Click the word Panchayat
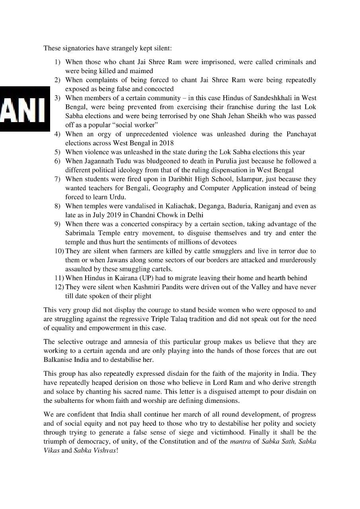(301, 134)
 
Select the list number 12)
(59, 287)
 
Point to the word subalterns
(76, 400)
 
